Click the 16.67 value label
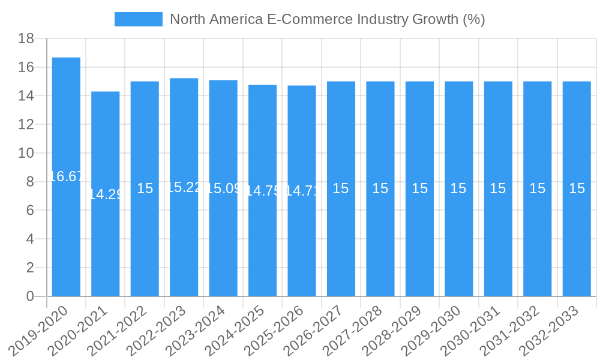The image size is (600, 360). [66, 176]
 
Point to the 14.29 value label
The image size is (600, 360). [106, 194]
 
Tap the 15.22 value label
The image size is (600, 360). [184, 187]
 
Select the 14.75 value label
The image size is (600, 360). [263, 191]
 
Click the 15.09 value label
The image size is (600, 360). [223, 188]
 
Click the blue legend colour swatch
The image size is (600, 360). [139, 19]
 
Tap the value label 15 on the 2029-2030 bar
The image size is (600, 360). [458, 188]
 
